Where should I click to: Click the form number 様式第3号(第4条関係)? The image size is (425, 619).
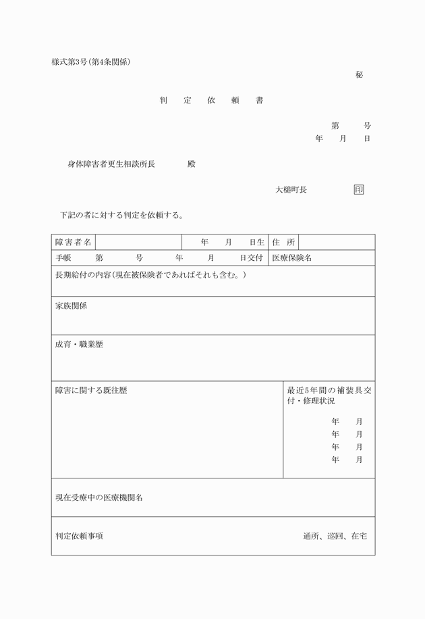[91, 62]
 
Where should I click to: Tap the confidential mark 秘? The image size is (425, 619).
[360, 75]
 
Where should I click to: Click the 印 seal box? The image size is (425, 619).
[359, 190]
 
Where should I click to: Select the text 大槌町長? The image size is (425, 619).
[291, 190]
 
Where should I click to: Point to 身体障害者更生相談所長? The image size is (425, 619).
[111, 164]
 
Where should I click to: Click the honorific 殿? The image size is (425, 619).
[192, 164]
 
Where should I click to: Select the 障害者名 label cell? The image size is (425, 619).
[74, 242]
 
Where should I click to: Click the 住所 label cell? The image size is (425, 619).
[283, 242]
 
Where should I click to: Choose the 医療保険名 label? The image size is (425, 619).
[291, 258]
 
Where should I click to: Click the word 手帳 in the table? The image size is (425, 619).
[63, 258]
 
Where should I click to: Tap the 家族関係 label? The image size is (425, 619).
[71, 306]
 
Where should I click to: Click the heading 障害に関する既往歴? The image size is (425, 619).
[91, 391]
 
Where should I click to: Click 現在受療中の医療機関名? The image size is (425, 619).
[98, 498]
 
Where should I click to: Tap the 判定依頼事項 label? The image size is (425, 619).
[79, 536]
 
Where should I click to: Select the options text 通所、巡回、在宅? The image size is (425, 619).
[335, 536]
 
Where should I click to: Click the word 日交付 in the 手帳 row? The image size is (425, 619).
[251, 258]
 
